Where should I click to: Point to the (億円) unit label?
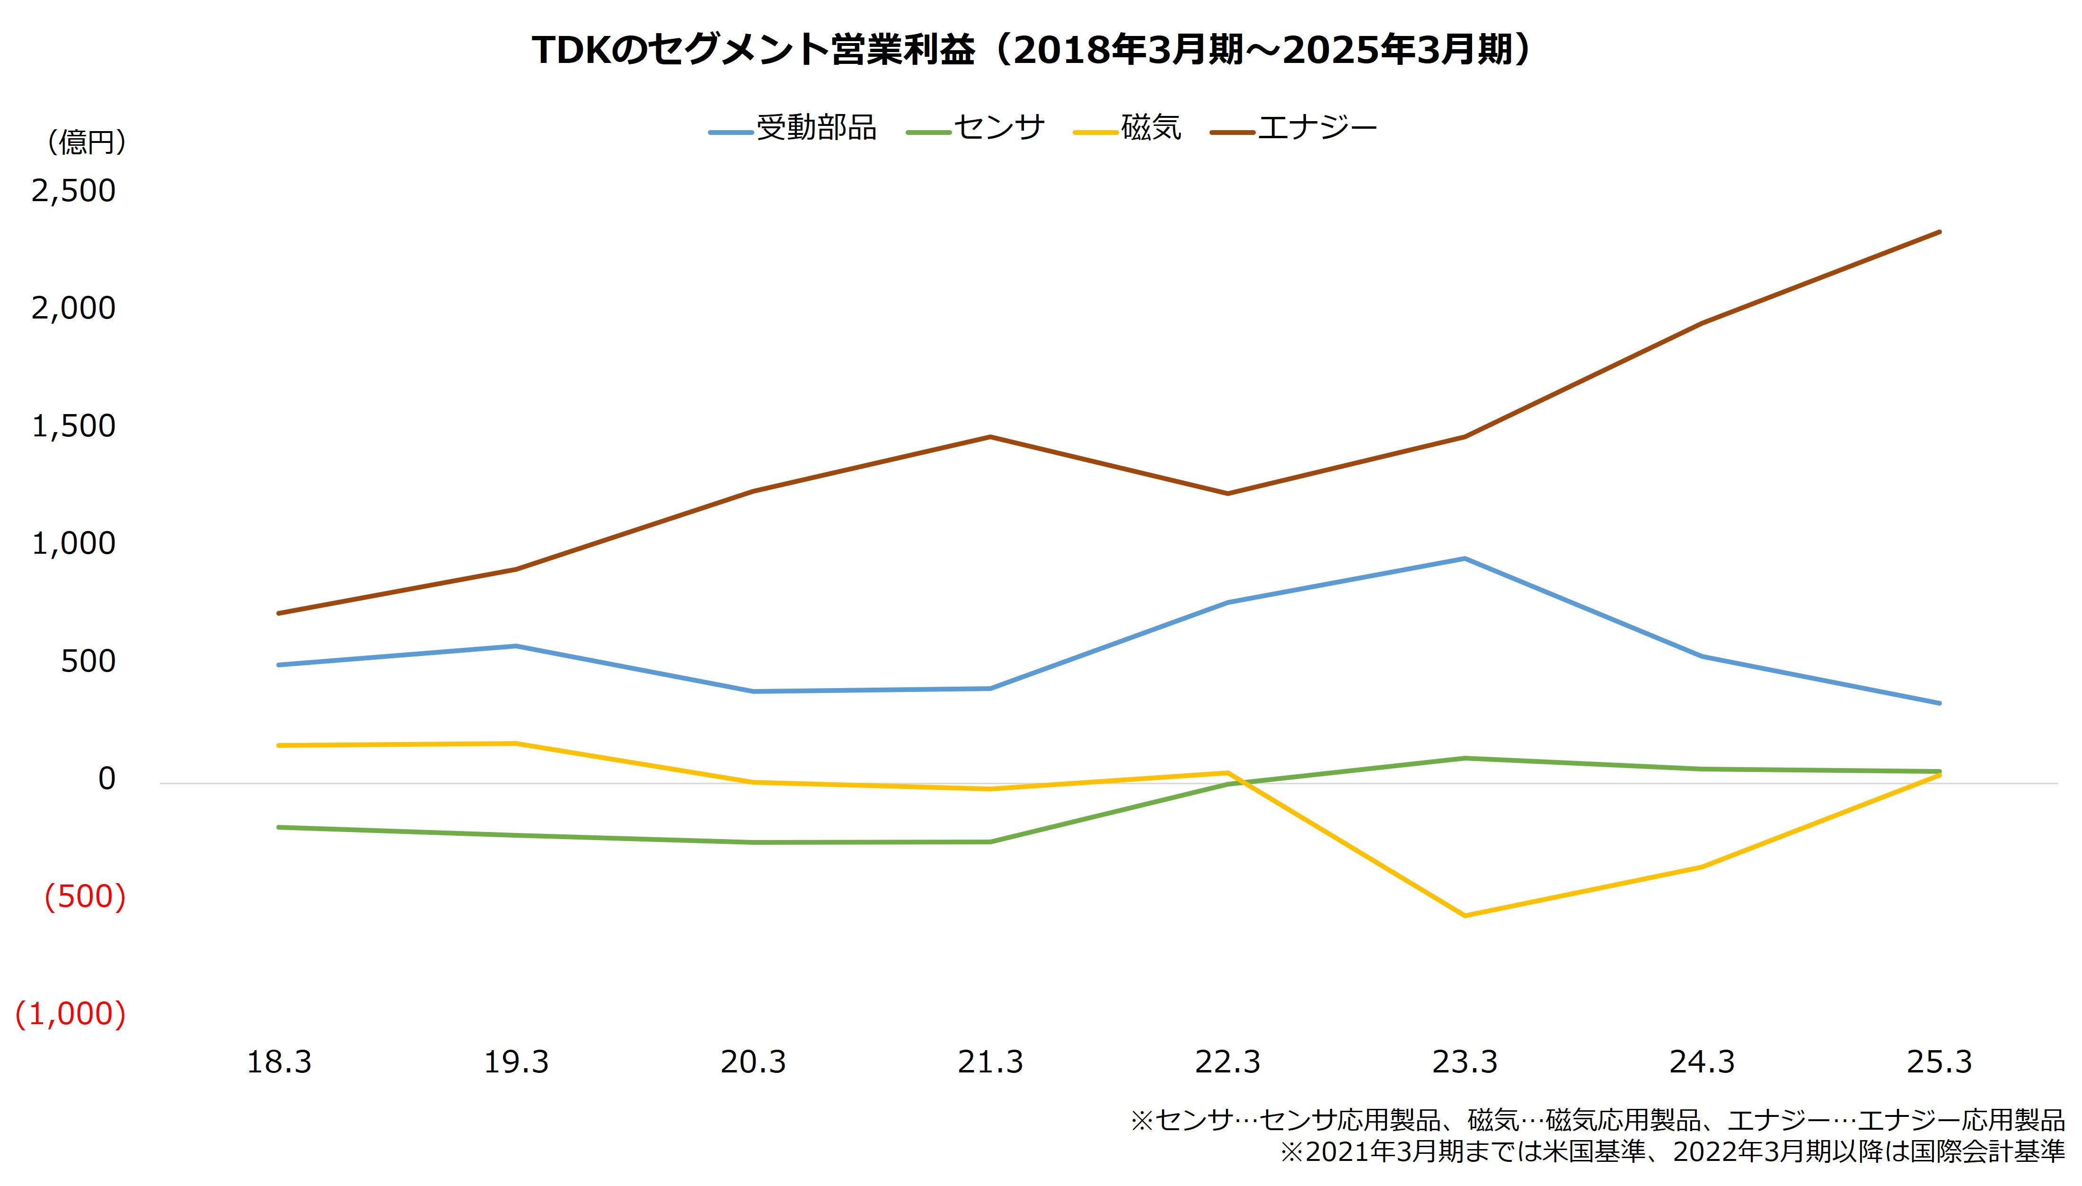click(x=86, y=142)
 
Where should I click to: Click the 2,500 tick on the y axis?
click(x=73, y=191)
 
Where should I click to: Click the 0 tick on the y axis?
click(x=106, y=779)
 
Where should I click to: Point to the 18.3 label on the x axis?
click(x=279, y=1062)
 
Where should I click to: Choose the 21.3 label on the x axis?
click(x=990, y=1062)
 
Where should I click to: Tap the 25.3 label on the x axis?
click(x=1939, y=1062)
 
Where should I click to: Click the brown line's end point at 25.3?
click(x=1939, y=232)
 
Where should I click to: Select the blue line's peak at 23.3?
click(x=1464, y=559)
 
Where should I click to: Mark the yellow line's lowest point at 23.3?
click(x=1464, y=916)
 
